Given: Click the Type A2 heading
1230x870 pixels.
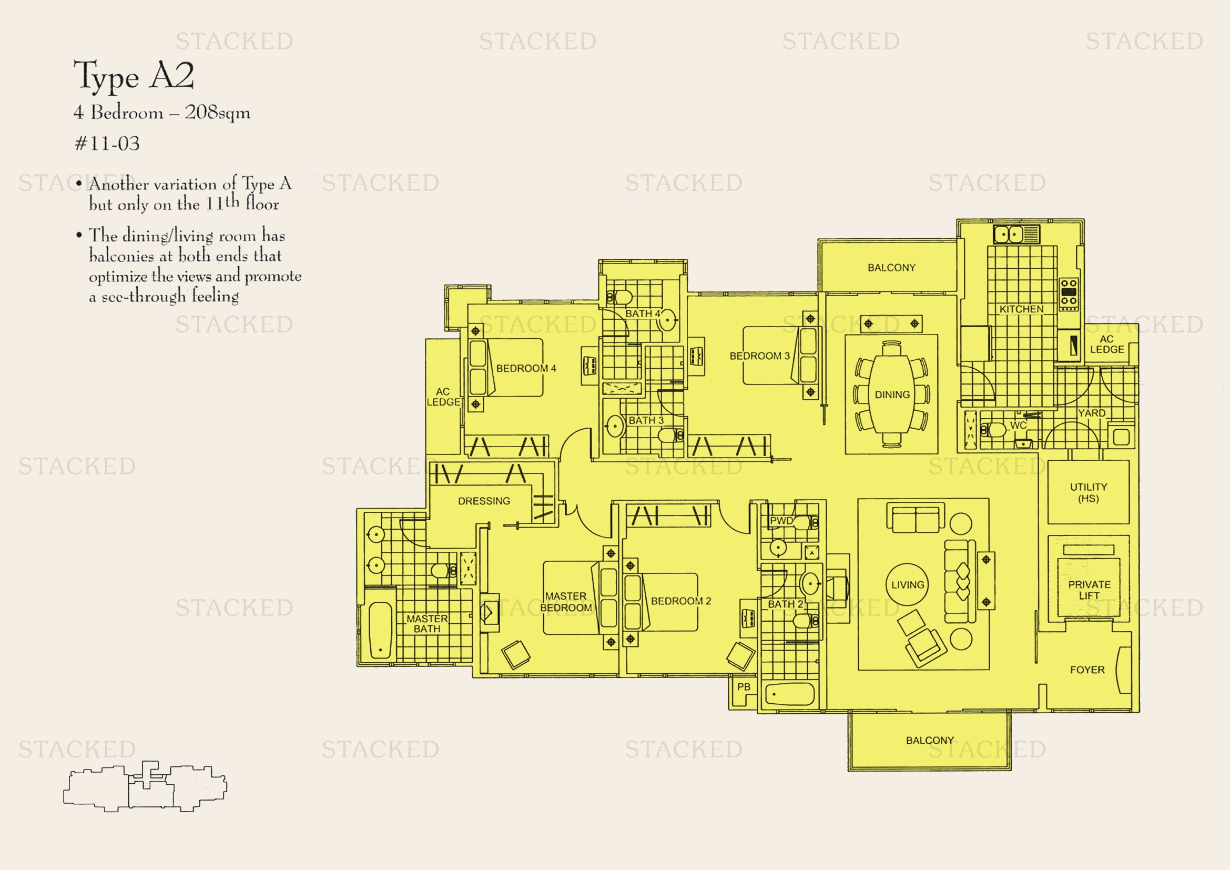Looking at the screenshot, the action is coord(134,76).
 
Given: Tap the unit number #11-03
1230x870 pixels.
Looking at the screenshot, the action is coord(107,144).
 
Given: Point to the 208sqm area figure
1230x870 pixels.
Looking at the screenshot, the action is coord(218,113).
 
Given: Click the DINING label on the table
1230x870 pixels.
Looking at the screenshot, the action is coord(892,395).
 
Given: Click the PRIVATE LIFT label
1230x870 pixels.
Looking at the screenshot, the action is coord(1089,590).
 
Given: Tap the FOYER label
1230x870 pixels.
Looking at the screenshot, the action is coord(1087,670).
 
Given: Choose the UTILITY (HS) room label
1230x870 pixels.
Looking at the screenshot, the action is coord(1088,492).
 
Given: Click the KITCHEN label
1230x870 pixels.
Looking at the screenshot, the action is coord(1021,309).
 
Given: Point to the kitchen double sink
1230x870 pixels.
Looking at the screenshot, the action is coord(1009,234).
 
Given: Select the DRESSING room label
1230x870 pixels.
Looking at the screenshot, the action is coord(484,501).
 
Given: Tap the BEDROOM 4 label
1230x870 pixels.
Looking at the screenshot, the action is coord(526,369).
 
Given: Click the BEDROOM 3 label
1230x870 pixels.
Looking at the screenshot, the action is coord(760,356).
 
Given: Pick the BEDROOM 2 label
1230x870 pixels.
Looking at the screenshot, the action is coord(681,601).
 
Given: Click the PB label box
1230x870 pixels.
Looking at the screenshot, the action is coord(744,687).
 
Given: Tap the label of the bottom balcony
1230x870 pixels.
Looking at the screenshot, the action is coord(929,741).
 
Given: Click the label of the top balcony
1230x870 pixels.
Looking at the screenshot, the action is coord(891,267).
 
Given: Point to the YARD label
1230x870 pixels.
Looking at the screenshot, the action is coord(1091,413).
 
